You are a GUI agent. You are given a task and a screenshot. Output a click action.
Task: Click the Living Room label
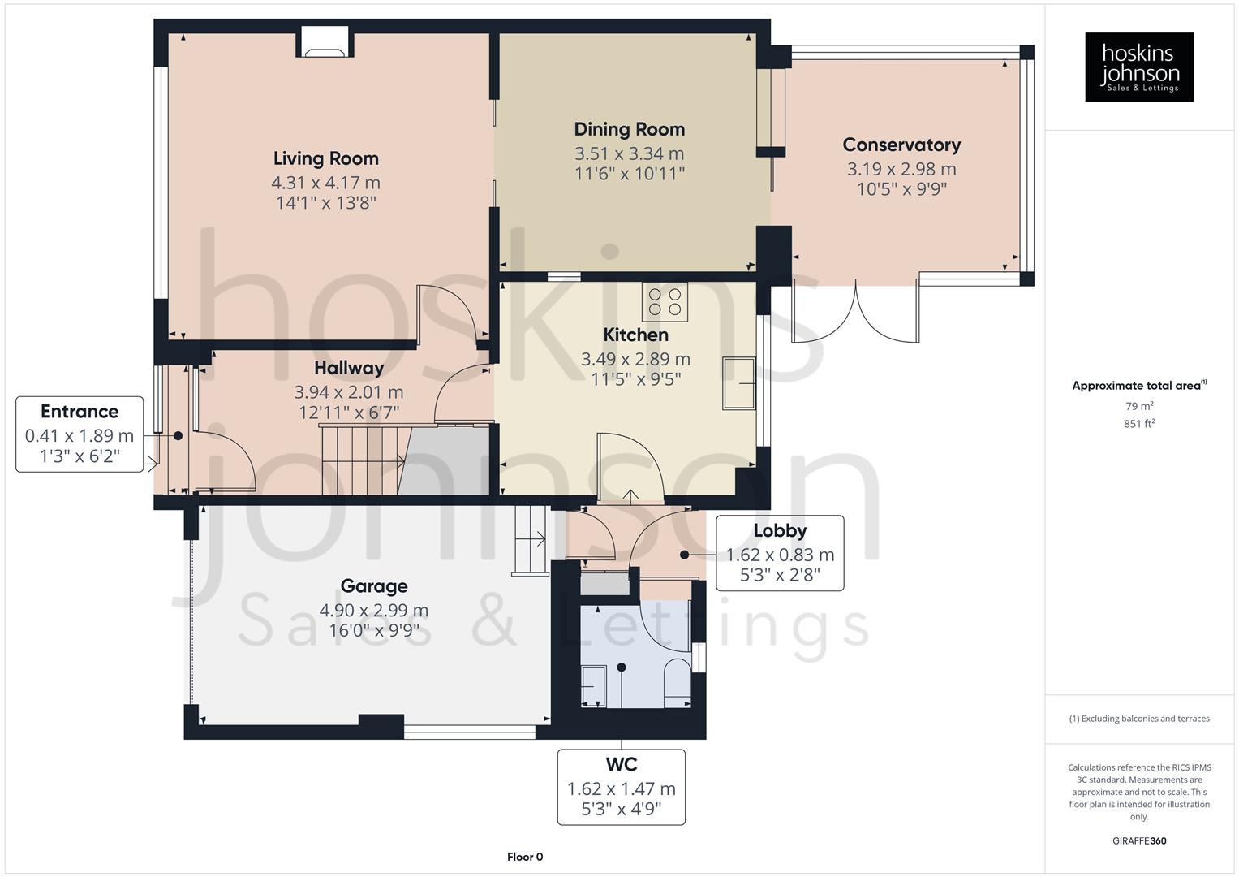[x=325, y=158]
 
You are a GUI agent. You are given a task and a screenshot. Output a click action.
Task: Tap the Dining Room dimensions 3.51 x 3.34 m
[x=629, y=153]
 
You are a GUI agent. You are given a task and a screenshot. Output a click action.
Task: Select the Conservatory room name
[x=901, y=145]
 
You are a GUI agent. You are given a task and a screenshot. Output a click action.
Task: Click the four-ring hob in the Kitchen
[x=665, y=301]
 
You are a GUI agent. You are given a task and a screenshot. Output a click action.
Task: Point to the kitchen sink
[x=739, y=383]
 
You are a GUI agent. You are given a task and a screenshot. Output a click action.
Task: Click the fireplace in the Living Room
[x=325, y=42]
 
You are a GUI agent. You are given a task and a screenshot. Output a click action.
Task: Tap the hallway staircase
[x=361, y=460]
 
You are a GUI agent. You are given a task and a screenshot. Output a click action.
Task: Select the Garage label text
[x=373, y=586]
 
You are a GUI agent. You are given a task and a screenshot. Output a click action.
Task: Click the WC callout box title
[x=621, y=765]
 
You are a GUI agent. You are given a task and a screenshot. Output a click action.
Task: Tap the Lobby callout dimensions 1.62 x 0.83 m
[x=779, y=555]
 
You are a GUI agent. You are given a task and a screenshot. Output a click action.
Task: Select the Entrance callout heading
[x=80, y=412]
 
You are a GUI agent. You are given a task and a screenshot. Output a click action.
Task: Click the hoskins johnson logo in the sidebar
[x=1139, y=67]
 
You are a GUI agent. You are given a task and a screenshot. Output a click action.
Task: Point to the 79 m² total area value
[x=1139, y=406]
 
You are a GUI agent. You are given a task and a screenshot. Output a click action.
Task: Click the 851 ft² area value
[x=1139, y=424]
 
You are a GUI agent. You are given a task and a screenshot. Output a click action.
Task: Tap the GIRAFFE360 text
[x=1139, y=841]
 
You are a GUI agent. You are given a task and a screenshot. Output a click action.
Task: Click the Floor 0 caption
[x=525, y=857]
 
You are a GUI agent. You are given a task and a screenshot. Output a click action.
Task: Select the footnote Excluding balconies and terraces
[x=1139, y=719]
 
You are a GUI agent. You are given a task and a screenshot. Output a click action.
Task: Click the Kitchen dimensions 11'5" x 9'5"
[x=635, y=379]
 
